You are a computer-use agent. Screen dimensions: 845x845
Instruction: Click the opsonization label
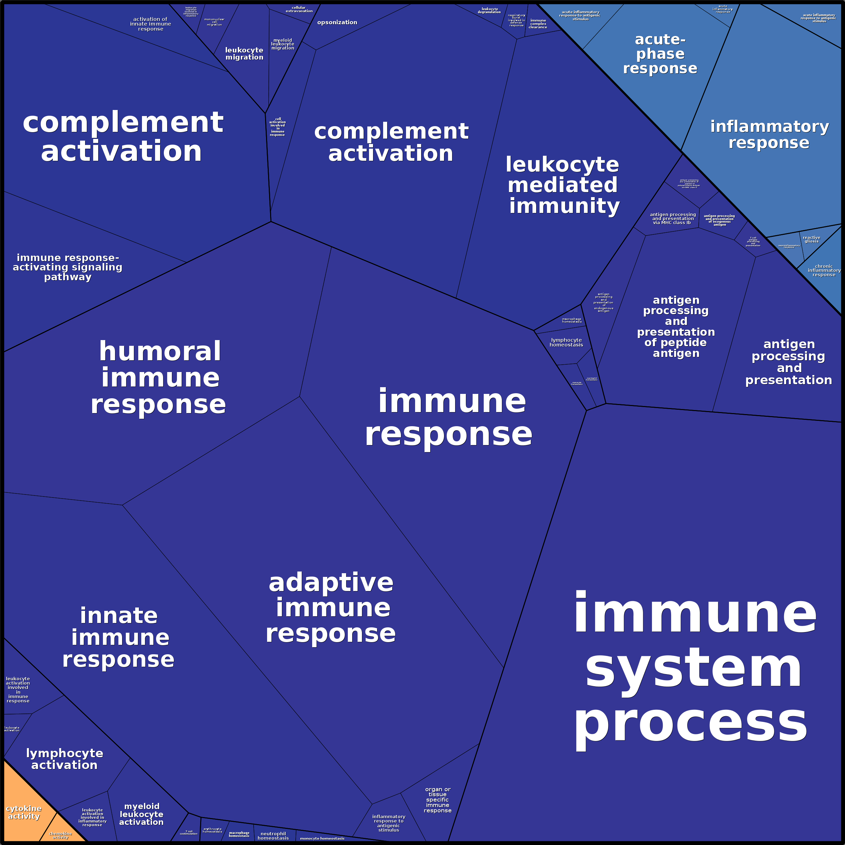point(337,22)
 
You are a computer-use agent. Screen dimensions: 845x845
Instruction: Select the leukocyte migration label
point(244,53)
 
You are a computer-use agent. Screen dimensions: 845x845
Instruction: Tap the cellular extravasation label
point(299,9)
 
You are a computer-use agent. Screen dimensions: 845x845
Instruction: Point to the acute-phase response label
point(660,54)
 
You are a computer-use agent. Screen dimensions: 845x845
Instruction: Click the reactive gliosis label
point(811,239)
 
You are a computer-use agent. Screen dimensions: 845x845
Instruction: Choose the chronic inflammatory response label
point(823,270)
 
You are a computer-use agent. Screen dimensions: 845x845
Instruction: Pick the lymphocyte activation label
point(64,759)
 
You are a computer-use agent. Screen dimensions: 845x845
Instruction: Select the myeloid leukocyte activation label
point(141,814)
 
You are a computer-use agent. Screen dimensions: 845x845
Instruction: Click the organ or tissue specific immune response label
point(437,800)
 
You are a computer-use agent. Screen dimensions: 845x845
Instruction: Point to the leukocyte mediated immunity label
point(563,185)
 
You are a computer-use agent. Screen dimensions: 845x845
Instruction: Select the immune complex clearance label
point(538,24)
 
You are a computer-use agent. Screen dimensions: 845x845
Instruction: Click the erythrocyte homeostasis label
point(212,830)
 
